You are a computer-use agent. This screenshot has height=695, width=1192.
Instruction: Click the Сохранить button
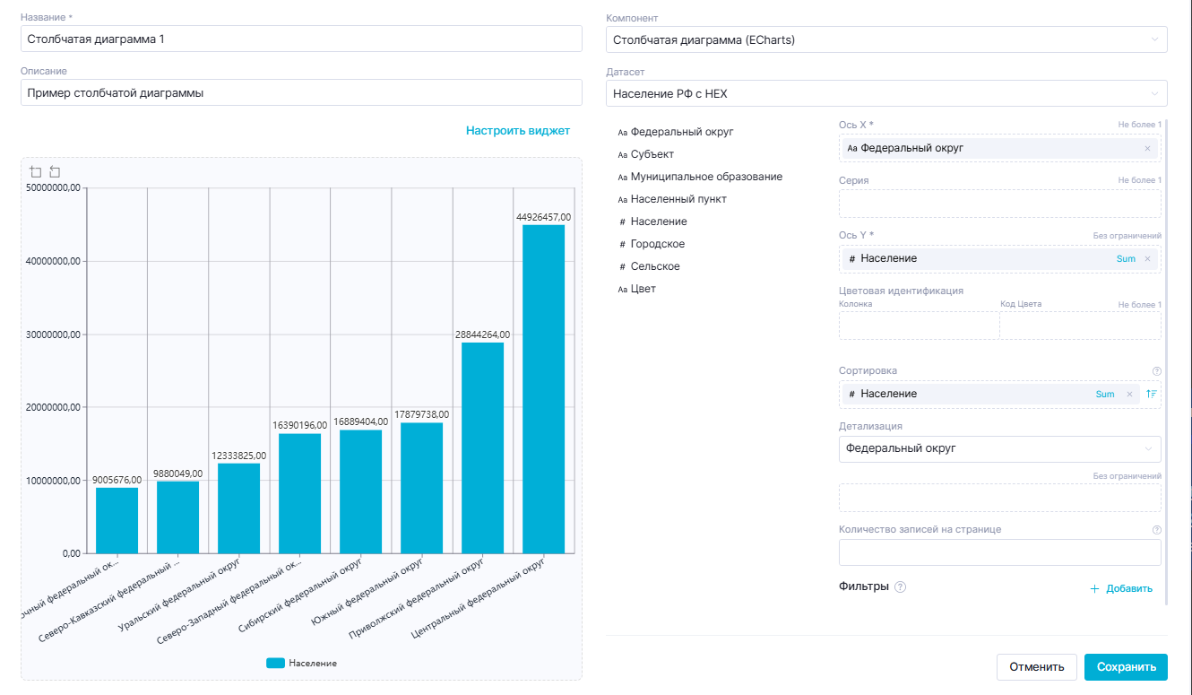[1125, 666]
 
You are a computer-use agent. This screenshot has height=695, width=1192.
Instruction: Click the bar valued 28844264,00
[483, 447]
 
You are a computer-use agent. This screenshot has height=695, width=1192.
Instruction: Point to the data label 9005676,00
[117, 480]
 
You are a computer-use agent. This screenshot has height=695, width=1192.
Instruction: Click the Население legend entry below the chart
[302, 663]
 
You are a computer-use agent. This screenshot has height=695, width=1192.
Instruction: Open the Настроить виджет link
[517, 131]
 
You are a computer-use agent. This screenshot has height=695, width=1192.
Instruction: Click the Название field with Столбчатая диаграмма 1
[301, 39]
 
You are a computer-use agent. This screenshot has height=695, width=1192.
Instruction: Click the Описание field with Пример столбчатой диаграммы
[301, 92]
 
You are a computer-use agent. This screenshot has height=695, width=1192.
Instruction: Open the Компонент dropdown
[886, 39]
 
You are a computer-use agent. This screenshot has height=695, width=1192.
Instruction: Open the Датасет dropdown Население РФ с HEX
[886, 92]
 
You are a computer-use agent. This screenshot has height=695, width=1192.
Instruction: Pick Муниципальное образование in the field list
[706, 177]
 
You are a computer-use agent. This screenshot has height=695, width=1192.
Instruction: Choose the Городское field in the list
[657, 244]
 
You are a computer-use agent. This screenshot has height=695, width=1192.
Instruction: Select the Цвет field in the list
[643, 289]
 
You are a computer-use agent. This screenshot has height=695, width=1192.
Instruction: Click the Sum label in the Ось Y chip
[1126, 259]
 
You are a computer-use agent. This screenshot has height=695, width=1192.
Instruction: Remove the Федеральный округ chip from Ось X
[1147, 148]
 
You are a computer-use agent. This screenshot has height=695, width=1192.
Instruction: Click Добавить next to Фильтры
[1121, 588]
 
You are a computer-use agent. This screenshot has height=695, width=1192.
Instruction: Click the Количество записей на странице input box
[999, 552]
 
